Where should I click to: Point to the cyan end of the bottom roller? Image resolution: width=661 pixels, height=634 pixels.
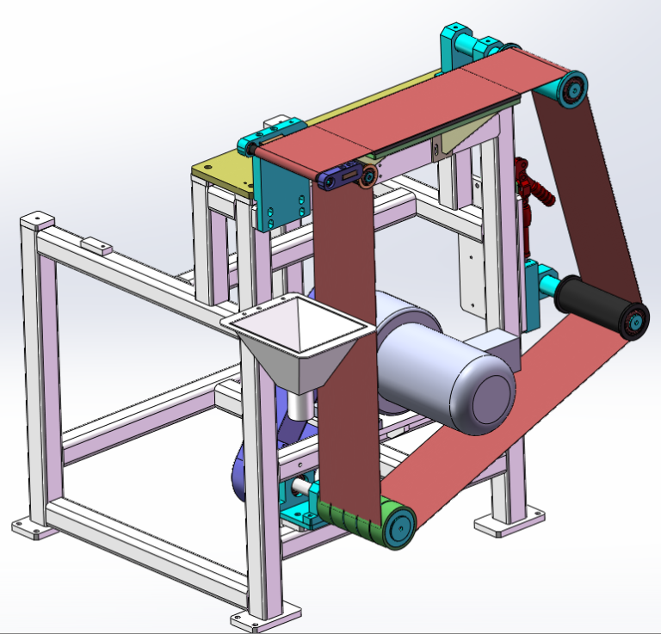398,526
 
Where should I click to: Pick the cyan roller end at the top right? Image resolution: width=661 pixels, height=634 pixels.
571,89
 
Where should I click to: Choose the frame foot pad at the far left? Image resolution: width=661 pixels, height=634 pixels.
30,527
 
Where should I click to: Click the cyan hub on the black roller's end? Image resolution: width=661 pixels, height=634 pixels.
635,321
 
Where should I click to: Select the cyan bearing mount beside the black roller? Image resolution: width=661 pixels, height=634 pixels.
538,280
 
